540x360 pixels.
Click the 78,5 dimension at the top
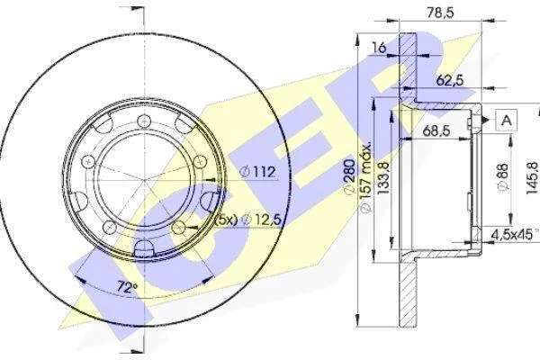(x=440, y=13)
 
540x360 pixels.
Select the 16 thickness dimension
(x=379, y=48)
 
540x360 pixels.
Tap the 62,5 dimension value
(x=450, y=81)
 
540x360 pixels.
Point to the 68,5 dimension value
(x=436, y=130)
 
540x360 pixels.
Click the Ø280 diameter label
(x=349, y=176)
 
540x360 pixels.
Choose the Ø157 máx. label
(x=365, y=176)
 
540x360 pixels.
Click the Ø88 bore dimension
(x=503, y=176)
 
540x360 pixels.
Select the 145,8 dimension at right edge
(x=533, y=178)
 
